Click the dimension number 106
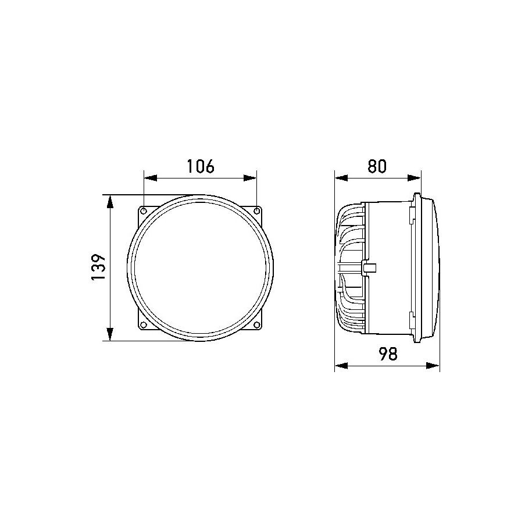pos(201,166)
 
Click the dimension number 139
pos(99,267)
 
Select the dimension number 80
pos(377,166)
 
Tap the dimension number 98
pos(387,354)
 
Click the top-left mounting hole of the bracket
pos(144,211)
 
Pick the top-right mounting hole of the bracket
pos(257,211)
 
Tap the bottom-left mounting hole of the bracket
pos(144,324)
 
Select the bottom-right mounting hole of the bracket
pos(257,324)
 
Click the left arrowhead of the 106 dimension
pos(151,178)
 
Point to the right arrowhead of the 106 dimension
pos(250,178)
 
